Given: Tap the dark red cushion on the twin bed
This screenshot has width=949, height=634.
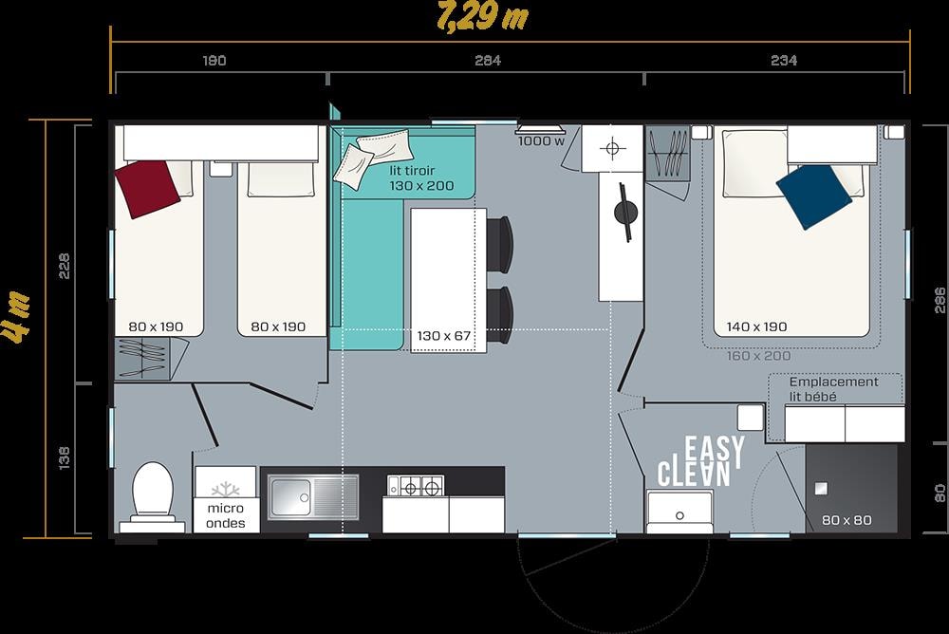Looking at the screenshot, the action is (x=147, y=188).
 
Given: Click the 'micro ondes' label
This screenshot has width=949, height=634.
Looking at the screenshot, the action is (x=225, y=516).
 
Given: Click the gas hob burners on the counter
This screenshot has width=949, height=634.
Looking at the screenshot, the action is (x=416, y=486).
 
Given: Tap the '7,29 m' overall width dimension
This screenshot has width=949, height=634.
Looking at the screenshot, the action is (x=482, y=17).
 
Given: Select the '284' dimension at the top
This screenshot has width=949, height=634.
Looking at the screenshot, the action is (x=488, y=61).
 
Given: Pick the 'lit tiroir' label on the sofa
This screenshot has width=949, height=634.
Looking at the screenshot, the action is (x=412, y=171).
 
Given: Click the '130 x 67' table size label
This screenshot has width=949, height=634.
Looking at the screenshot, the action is (x=443, y=335).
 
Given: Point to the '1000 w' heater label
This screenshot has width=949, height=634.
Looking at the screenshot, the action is (x=541, y=141).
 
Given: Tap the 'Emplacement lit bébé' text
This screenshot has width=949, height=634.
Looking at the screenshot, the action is (x=833, y=389).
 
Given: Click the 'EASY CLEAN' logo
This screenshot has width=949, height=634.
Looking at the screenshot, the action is (x=701, y=461).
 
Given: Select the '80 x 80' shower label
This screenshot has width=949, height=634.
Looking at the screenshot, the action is (x=847, y=520).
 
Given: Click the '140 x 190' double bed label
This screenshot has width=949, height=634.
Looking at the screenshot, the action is (x=756, y=327).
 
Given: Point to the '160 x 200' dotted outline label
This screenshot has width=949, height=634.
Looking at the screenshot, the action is (x=758, y=356).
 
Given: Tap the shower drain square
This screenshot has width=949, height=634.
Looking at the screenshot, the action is (x=821, y=489).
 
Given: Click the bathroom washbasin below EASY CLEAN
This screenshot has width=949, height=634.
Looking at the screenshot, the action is (x=679, y=511).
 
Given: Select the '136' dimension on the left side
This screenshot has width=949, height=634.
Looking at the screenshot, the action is (x=65, y=458).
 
